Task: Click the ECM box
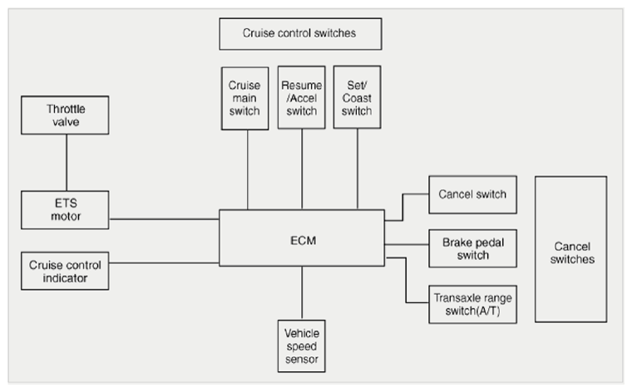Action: (302, 238)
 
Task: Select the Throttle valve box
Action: (65, 115)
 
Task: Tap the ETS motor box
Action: (65, 210)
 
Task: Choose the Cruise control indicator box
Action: (65, 271)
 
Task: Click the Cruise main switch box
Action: (244, 98)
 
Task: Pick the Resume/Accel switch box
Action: (302, 97)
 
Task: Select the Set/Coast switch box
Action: (357, 97)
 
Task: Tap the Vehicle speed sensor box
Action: (302, 346)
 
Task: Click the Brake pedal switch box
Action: (473, 248)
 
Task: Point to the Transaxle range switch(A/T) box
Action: (473, 305)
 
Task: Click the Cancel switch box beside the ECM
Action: (473, 194)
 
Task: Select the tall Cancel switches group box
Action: (571, 249)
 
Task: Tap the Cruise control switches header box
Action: (300, 34)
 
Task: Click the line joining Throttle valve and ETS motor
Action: (67, 163)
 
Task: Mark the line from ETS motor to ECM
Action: (164, 219)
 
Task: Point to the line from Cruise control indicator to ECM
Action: (164, 263)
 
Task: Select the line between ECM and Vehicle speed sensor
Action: (302, 293)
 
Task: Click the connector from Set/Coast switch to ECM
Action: (358, 169)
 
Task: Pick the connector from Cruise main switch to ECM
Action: (248, 170)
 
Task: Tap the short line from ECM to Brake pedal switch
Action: (407, 244)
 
